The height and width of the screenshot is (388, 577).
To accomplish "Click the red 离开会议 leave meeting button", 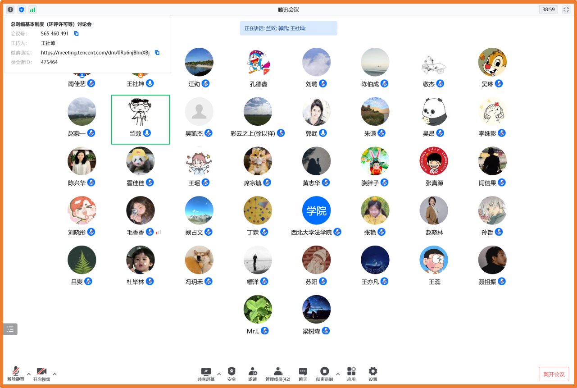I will tap(554, 374).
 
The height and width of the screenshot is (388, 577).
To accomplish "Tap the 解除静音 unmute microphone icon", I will tap(16, 371).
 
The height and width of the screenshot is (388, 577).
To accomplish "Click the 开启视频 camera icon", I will tap(42, 371).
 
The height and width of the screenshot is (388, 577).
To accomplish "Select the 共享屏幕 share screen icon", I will tap(206, 371).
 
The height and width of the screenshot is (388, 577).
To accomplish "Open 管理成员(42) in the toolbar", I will tap(277, 371).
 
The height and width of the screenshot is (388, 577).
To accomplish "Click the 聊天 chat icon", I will tap(303, 371).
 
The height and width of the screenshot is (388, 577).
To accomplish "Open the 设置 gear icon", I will tap(373, 371).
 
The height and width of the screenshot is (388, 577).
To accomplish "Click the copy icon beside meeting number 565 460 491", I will tap(76, 34).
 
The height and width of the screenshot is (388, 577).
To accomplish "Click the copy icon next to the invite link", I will tap(157, 53).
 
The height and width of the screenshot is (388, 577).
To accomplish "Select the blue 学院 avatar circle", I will tap(316, 210).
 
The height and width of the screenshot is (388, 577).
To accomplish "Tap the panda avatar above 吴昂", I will tap(434, 111).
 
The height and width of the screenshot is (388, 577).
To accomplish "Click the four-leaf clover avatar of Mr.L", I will tap(258, 310).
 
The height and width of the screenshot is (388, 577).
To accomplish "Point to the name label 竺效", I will tap(135, 133).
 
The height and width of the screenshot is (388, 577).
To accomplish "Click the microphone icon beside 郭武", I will tap(323, 133).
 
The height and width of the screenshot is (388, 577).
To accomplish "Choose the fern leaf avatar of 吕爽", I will tap(82, 260).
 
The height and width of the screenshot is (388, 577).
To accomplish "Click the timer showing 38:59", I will tap(549, 9).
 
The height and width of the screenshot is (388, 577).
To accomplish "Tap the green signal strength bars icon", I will tap(32, 9).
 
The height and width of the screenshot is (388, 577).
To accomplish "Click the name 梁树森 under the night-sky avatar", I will tap(311, 331).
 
